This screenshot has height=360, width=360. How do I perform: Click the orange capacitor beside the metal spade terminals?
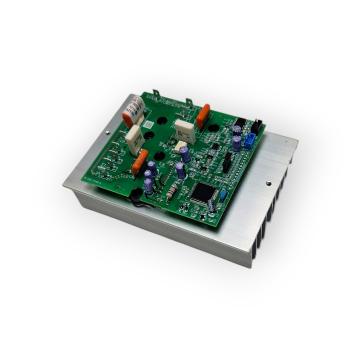pyautogui.click(x=203, y=116)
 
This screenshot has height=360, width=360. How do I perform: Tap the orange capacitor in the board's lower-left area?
pyautogui.click(x=140, y=162)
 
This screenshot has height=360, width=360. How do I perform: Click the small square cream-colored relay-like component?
pyautogui.click(x=180, y=147)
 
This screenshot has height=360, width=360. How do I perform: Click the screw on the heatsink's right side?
pyautogui.click(x=268, y=183)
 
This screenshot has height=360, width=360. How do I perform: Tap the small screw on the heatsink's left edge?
pyautogui.click(x=108, y=132)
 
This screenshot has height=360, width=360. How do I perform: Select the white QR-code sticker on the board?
pyautogui.click(x=149, y=123)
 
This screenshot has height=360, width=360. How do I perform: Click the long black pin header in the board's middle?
pyautogui.click(x=227, y=162)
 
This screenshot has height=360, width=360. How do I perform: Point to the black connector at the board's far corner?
pyautogui.click(x=256, y=126)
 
